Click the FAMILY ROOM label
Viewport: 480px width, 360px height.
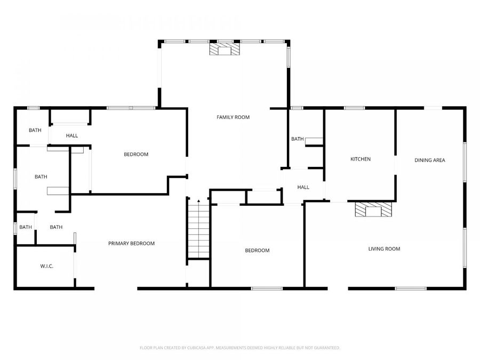(233, 117)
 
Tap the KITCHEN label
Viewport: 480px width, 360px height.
(360, 159)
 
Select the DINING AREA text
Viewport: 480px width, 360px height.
(430, 160)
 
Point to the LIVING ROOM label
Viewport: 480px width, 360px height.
(384, 249)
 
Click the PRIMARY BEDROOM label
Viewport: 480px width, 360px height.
(131, 243)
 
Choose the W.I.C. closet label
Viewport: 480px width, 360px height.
(46, 266)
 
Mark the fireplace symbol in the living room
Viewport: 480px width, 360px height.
(373, 210)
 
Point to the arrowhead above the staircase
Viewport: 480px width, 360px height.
(198, 201)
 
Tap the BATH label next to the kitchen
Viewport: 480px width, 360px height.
(297, 139)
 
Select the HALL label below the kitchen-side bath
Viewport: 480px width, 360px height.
(303, 187)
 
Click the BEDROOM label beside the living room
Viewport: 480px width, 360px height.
(257, 250)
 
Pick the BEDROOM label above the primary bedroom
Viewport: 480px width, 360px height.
(136, 154)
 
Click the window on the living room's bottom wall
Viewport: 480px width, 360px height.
(411, 289)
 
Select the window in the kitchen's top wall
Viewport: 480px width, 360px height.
(354, 108)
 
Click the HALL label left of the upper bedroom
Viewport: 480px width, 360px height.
(72, 135)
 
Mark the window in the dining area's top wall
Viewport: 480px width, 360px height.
(433, 108)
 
